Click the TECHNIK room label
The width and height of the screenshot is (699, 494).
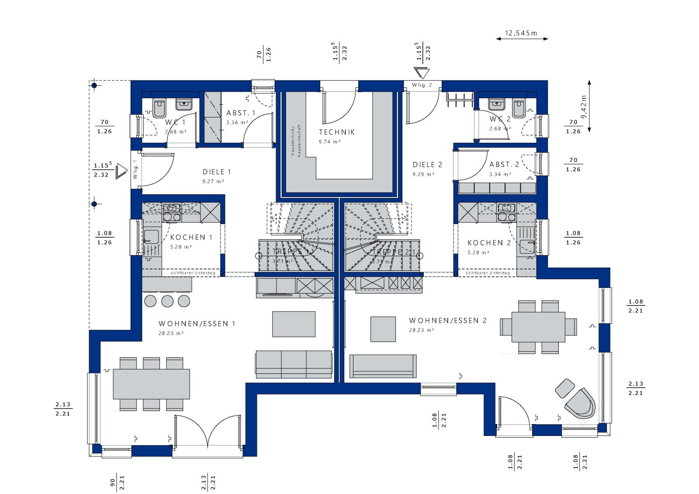pyautogui.click(x=336, y=132)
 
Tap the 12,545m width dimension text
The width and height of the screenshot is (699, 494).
pyautogui.click(x=521, y=33)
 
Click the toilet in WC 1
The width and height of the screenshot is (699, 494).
pyautogui.click(x=159, y=106)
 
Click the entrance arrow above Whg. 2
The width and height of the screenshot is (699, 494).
pyautogui.click(x=422, y=73)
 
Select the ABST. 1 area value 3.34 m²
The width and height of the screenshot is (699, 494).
pyautogui.click(x=237, y=123)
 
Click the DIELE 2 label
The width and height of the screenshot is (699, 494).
pyautogui.click(x=427, y=165)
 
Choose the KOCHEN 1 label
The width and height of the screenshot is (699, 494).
pyautogui.click(x=191, y=237)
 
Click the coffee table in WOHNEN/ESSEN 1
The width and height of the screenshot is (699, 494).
pyautogui.click(x=294, y=324)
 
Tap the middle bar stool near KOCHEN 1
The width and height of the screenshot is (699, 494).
pyautogui.click(x=167, y=301)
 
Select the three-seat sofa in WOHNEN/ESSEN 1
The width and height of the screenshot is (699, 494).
pyautogui.click(x=294, y=363)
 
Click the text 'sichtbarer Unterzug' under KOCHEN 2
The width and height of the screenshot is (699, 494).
pyautogui.click(x=488, y=273)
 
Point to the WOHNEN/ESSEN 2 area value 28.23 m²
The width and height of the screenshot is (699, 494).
pyautogui.click(x=421, y=330)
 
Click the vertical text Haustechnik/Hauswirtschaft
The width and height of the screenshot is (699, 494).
pyautogui.click(x=296, y=140)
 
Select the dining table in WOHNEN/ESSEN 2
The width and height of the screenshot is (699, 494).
pyautogui.click(x=538, y=327)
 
